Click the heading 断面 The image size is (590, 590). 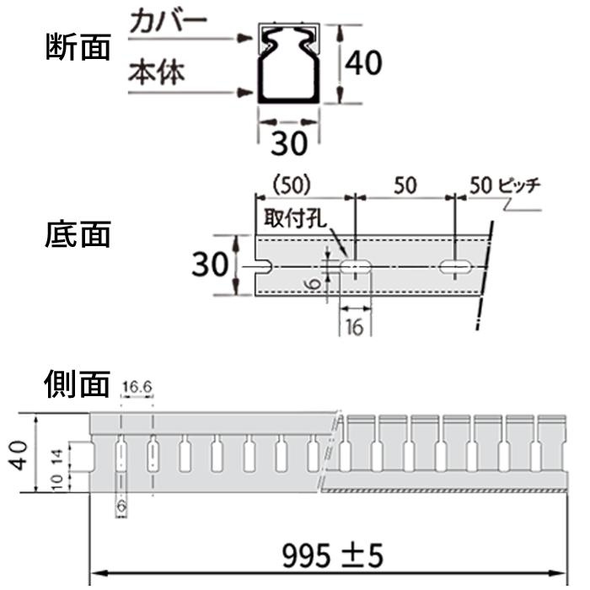[x=78, y=47]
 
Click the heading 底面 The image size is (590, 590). [x=78, y=234]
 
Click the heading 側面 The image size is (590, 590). [x=78, y=383]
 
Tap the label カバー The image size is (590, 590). [x=169, y=21]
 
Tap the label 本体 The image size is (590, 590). [x=157, y=72]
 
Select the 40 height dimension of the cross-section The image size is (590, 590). [x=363, y=63]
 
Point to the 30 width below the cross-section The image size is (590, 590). [x=289, y=143]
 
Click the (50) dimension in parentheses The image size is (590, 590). [x=292, y=185]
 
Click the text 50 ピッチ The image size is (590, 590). [x=505, y=185]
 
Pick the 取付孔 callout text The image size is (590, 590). [x=295, y=217]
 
